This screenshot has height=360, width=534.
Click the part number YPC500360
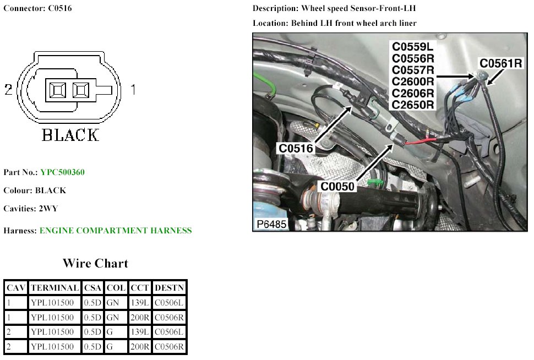(62, 172)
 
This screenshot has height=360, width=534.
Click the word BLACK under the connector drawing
(70, 135)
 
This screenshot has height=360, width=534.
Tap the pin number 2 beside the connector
(8, 90)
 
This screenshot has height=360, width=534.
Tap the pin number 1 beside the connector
(133, 90)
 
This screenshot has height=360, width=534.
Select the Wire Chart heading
(95, 263)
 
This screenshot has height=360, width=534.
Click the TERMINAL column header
(55, 288)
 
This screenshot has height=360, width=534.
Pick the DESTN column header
(169, 288)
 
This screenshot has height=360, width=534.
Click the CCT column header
(140, 288)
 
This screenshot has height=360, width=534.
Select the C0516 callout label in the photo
(296, 149)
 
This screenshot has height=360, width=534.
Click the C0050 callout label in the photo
(337, 186)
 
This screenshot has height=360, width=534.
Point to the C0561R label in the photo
(500, 63)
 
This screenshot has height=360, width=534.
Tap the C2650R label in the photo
(413, 105)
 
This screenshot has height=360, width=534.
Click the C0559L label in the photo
(412, 47)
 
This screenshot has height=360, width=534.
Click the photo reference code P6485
(271, 224)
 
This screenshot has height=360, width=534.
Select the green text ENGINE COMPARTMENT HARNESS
(116, 231)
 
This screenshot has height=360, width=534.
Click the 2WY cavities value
(48, 209)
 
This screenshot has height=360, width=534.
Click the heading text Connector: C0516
(37, 8)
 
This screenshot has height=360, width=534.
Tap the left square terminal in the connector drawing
(58, 90)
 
